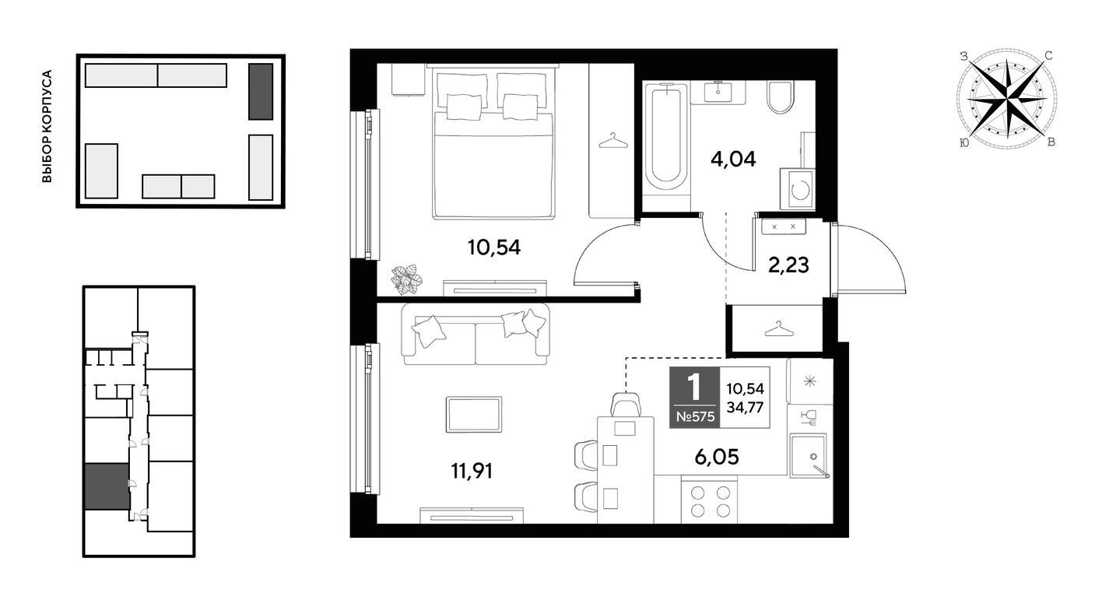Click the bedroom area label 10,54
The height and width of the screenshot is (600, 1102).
(494, 247)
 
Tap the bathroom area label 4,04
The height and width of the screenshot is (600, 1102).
(733, 160)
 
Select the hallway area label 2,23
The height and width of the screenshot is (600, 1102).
(788, 265)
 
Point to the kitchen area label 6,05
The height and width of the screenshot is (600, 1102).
(717, 457)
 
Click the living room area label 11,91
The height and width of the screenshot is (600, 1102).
(472, 471)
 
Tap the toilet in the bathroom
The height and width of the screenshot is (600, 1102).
(780, 96)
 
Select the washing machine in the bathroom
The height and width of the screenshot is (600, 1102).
(798, 189)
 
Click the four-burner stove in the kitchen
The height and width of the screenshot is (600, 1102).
(710, 501)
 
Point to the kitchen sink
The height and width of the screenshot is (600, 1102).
(809, 455)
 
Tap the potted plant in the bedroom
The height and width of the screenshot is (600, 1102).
(406, 279)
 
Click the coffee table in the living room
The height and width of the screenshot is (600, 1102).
(474, 415)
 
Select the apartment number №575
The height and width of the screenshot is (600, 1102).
(695, 417)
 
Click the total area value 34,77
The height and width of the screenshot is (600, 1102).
(746, 408)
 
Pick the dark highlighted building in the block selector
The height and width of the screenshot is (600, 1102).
(261, 92)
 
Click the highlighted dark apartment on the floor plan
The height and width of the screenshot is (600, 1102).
(107, 486)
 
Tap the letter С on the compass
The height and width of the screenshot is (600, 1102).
(1048, 56)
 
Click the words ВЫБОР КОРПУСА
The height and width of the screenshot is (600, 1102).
(47, 126)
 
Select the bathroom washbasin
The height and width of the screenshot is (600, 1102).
(718, 92)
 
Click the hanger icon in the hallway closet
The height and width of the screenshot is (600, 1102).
(779, 328)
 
